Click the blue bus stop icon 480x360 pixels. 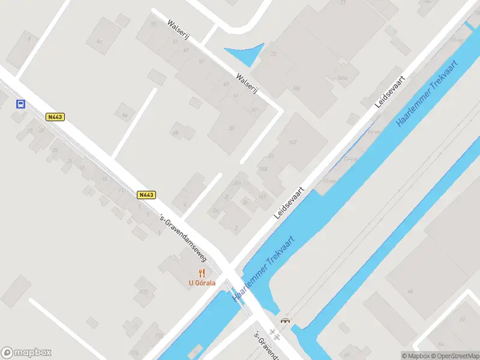[x=20, y=104]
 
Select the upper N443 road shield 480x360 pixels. [x=55, y=117]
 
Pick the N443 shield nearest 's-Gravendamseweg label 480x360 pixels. [x=146, y=194]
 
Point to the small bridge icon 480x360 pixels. [x=286, y=320]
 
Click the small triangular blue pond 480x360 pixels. [x=246, y=53]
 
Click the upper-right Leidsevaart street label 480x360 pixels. [x=391, y=91]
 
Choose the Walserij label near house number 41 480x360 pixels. [x=247, y=84]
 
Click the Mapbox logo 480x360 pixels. [x=26, y=353]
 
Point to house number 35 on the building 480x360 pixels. [x=232, y=128]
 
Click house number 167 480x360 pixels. [x=293, y=142]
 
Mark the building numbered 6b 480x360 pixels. [x=176, y=133]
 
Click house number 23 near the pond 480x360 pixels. [x=273, y=54]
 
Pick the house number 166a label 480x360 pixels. [x=342, y=77]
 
